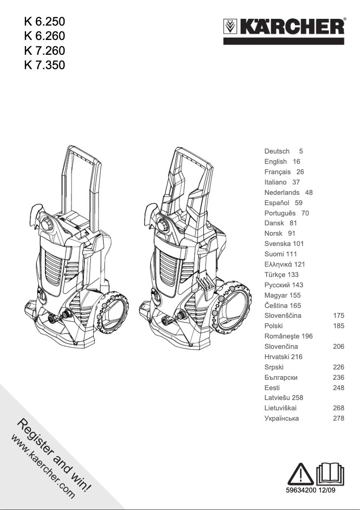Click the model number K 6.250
(x=44, y=21)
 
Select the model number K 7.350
(x=44, y=65)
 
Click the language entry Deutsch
(x=277, y=151)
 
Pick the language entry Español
(x=277, y=203)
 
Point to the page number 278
(x=338, y=418)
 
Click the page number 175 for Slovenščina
(x=338, y=316)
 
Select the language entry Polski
(x=274, y=326)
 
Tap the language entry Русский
(x=277, y=285)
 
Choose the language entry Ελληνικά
(x=278, y=264)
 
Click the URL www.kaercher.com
(x=43, y=467)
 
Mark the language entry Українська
(x=282, y=418)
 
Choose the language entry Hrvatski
(x=277, y=357)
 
